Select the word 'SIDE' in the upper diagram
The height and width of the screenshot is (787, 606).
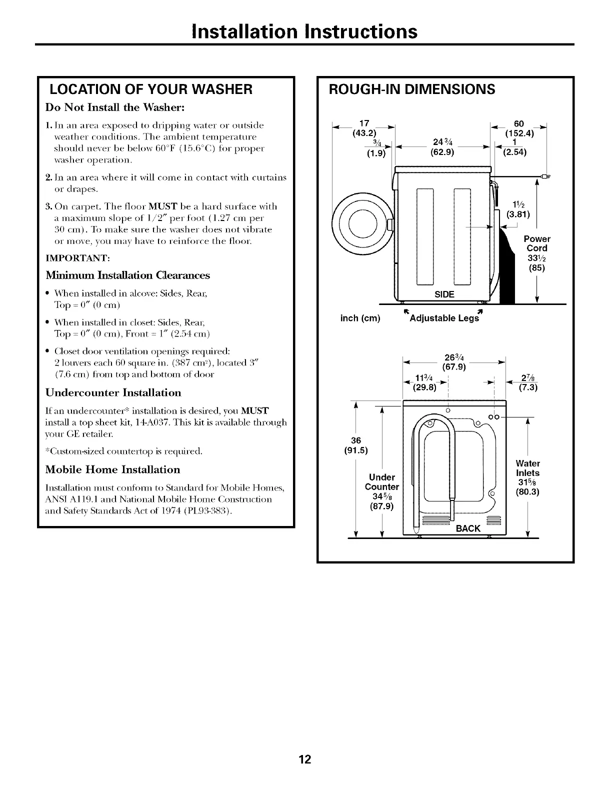click(x=444, y=294)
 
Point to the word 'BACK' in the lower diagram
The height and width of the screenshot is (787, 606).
click(x=467, y=528)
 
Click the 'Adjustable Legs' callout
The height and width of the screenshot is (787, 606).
click(x=444, y=318)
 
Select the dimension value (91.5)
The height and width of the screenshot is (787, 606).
click(x=356, y=450)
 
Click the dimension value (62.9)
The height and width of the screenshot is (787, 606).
click(x=442, y=152)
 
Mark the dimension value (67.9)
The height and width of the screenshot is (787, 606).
click(x=454, y=368)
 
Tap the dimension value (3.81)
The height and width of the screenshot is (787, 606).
click(x=518, y=215)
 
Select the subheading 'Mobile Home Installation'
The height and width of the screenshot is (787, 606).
click(x=112, y=470)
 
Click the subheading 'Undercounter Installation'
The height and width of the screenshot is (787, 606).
click(x=113, y=392)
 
